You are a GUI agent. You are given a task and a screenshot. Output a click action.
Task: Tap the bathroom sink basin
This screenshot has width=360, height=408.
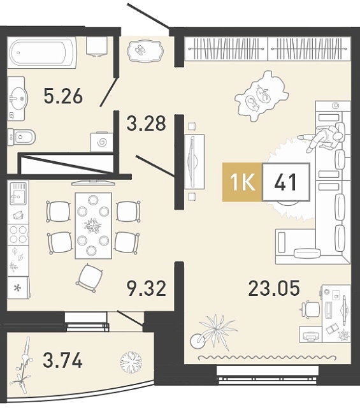(x=17, y=99)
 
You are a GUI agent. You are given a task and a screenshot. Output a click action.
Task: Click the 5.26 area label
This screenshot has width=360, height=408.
(x=63, y=96)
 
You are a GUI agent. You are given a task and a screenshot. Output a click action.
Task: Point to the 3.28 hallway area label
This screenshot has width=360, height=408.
(x=146, y=123)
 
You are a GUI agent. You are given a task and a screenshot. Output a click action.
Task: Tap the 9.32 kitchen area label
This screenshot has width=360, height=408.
(x=147, y=289)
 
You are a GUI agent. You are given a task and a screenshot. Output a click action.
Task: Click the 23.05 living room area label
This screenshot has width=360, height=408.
(x=274, y=288)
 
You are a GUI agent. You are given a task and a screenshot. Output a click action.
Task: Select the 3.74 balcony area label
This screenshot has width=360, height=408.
(x=62, y=360)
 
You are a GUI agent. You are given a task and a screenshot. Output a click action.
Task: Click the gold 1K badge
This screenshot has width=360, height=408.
(x=242, y=182)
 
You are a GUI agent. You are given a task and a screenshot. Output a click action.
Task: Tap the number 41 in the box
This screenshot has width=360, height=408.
(x=285, y=182)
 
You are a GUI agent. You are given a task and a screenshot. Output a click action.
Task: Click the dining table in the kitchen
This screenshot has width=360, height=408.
(x=94, y=226)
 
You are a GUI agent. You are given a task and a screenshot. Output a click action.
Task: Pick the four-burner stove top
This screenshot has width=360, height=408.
(x=18, y=234)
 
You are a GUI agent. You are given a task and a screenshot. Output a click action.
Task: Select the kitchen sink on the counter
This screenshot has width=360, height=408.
(x=18, y=193)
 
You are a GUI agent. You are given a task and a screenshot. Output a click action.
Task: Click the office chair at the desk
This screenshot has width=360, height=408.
(x=310, y=309)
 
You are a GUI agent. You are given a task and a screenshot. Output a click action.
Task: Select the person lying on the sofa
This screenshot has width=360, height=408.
(x=322, y=137)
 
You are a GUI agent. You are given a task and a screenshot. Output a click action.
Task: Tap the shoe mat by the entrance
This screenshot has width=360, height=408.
(x=145, y=51)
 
